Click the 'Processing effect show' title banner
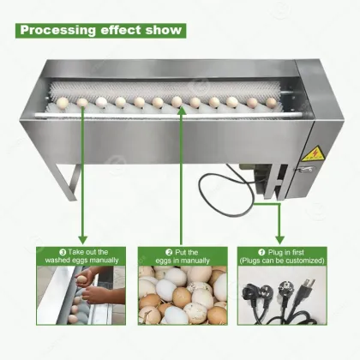[x=99, y=31]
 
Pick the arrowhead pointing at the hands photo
[x=83, y=239]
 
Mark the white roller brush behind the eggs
[x=171, y=91]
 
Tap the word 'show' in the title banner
[x=159, y=31]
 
